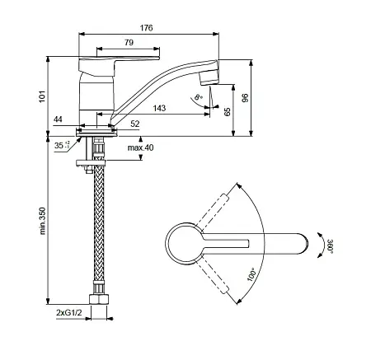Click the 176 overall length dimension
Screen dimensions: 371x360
(146, 28)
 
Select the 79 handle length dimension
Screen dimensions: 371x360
(129, 43)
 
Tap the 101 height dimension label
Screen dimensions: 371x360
(42, 96)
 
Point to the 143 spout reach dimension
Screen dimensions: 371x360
(159, 108)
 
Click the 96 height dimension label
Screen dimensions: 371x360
(245, 98)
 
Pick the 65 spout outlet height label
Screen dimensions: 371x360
(228, 112)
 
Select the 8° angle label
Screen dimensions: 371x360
(198, 97)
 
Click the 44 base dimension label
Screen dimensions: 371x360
(58, 119)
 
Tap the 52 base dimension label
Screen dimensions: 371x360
(135, 124)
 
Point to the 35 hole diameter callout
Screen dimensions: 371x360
(62, 145)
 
